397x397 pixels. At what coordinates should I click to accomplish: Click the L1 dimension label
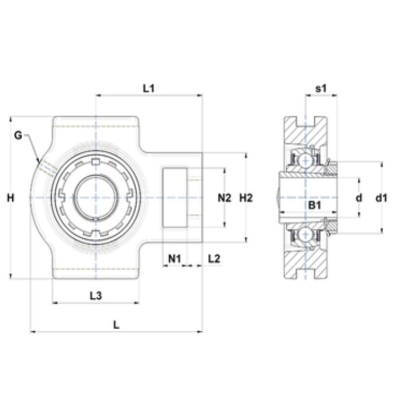click(x=149, y=89)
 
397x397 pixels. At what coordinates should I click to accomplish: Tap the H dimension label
click(x=10, y=198)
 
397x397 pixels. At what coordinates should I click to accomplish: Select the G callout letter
click(x=18, y=136)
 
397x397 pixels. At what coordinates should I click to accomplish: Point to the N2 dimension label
click(x=224, y=198)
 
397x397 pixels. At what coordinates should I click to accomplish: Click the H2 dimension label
click(x=246, y=198)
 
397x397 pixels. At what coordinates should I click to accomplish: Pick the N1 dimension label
click(x=175, y=259)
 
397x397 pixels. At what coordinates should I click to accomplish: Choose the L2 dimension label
click(x=214, y=259)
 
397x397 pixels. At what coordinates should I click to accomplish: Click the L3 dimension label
click(x=96, y=296)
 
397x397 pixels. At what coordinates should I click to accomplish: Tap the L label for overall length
click(x=116, y=325)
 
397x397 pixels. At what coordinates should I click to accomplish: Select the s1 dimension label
click(x=321, y=89)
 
